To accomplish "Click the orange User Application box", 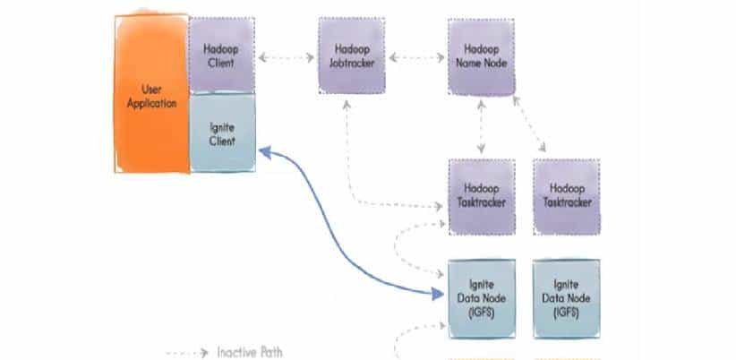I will click(x=151, y=93).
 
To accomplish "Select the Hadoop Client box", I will click(x=221, y=53).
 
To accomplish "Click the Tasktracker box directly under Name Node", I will click(x=482, y=197).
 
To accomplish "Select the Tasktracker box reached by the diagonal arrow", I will click(x=566, y=197).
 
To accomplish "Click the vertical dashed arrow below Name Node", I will click(x=483, y=125).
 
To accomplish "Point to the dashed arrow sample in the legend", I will click(x=188, y=352).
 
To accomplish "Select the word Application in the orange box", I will click(x=152, y=103).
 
